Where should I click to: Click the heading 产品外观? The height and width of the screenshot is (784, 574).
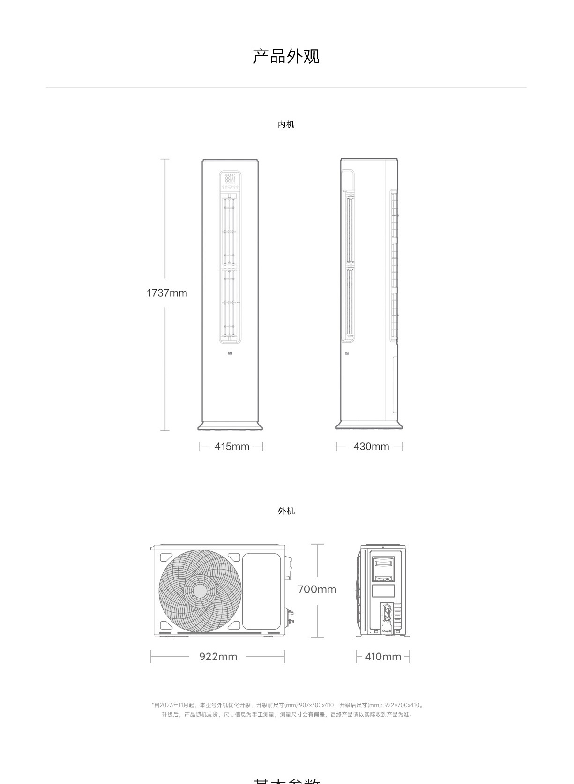coord(286,56)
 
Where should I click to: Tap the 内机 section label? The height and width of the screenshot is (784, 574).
coord(286,125)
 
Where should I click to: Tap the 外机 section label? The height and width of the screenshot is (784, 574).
coord(286,511)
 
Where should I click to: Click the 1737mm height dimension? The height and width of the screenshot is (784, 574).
coord(167,293)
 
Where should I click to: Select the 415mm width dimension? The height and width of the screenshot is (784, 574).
coord(231,447)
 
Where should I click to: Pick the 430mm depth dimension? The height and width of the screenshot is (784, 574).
coord(371,447)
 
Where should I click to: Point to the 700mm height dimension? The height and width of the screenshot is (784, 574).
coord(317,589)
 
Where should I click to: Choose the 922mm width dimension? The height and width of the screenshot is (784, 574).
coord(218,657)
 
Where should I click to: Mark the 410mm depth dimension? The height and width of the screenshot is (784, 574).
coord(383,657)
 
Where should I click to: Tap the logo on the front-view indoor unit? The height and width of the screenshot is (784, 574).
coord(230,353)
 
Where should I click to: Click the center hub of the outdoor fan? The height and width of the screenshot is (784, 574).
coord(200,591)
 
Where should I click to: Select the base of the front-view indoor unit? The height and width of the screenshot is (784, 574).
coord(230,426)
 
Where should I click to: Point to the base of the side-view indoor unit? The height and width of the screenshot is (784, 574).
coord(369,425)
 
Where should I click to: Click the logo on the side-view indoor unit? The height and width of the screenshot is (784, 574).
coord(346,353)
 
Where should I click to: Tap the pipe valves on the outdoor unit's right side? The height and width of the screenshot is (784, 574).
coord(291,617)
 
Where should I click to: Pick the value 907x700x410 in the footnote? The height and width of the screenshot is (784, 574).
coord(316,705)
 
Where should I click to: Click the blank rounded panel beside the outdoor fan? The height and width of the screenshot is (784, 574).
coord(261,591)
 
